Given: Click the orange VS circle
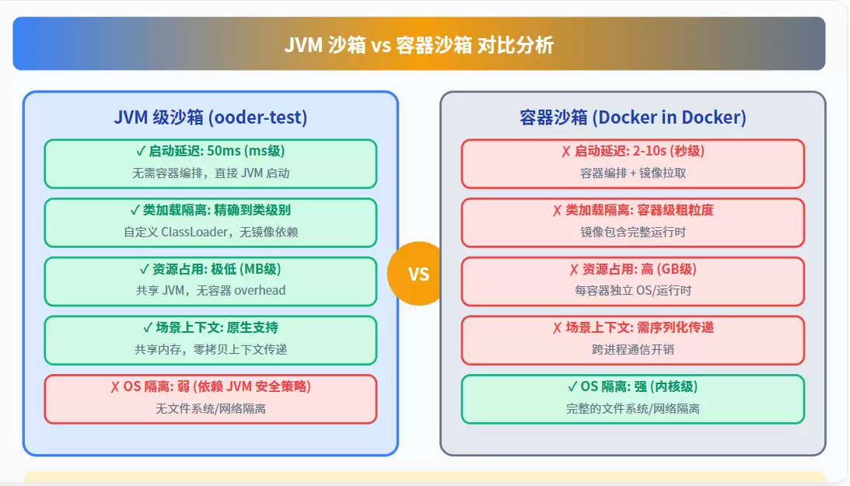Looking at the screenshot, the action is [x=418, y=274].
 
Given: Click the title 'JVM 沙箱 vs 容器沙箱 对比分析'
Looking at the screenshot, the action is [x=419, y=45].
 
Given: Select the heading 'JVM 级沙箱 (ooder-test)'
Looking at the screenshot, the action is [x=210, y=117].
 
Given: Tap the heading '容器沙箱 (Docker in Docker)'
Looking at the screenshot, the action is [x=632, y=117].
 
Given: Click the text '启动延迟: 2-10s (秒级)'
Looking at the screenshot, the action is [x=639, y=151].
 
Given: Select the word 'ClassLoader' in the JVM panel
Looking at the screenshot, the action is [x=194, y=232].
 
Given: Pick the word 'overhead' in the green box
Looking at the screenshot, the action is [x=261, y=290].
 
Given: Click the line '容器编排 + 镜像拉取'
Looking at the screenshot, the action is [x=632, y=173].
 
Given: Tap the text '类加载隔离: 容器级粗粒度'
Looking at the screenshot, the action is [x=640, y=210].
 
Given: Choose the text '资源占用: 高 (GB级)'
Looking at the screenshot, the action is [x=639, y=269].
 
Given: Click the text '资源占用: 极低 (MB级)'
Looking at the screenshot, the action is [x=216, y=269].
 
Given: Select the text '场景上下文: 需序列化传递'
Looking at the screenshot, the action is [x=640, y=327].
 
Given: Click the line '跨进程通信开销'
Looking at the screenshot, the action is [x=632, y=349].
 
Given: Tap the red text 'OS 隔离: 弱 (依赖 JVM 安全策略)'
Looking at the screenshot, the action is [x=217, y=386].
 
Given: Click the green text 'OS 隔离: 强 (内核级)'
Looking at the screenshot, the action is [x=638, y=386].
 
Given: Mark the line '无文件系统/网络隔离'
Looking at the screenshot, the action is [x=210, y=408].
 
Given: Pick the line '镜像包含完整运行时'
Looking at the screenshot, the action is [x=632, y=232].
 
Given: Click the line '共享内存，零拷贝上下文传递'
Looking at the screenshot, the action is [x=210, y=349].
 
